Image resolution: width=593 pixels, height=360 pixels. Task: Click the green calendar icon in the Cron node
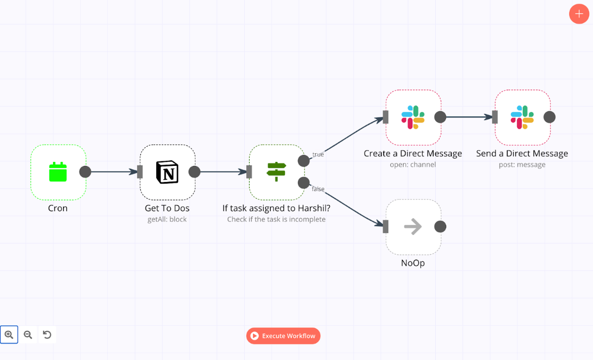58,172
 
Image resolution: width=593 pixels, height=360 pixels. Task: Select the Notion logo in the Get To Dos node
167,172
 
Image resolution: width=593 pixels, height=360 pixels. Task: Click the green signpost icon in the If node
276,172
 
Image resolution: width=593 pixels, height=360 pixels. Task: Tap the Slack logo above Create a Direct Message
413,117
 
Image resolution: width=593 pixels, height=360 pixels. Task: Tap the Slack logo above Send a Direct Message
522,117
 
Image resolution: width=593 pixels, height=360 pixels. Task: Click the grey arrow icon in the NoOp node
413,227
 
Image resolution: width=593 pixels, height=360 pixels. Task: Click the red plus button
579,14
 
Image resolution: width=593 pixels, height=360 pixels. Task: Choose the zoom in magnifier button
9,335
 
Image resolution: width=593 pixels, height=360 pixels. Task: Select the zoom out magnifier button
28,335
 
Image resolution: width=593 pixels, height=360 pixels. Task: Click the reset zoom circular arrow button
47,335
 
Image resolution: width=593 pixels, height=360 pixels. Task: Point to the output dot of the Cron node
85,172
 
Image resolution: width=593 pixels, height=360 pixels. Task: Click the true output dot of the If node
304,161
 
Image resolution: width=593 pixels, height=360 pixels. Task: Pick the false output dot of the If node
304,183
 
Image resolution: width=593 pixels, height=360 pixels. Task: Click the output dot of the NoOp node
440,227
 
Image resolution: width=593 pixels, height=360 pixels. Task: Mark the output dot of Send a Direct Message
549,117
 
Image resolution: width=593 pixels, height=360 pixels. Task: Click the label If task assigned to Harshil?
276,208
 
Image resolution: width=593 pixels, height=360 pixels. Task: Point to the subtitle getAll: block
167,219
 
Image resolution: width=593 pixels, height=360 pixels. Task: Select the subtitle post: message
522,164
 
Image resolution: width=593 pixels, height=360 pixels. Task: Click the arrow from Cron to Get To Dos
113,172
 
